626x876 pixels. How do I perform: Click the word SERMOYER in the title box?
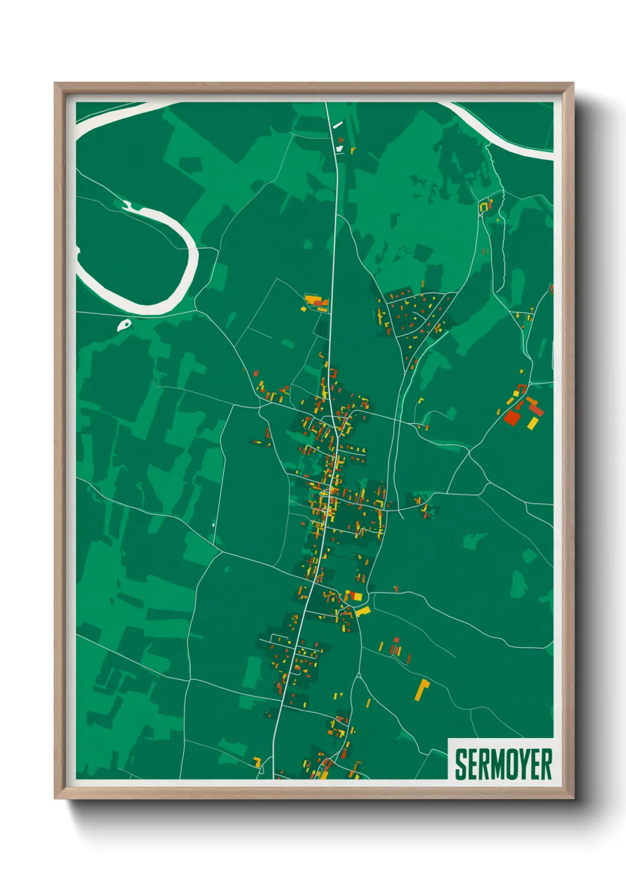(503, 764)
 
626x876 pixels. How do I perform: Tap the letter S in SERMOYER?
(460, 764)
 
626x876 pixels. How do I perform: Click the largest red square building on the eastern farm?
(512, 417)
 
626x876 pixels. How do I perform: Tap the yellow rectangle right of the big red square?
(533, 422)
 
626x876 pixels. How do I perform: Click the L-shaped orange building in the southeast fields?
(421, 690)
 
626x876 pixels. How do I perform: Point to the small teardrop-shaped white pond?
(125, 324)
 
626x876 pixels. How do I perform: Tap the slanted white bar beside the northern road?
(337, 125)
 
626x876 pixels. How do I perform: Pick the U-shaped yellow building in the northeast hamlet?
(485, 205)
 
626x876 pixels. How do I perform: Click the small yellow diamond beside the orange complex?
(304, 309)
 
